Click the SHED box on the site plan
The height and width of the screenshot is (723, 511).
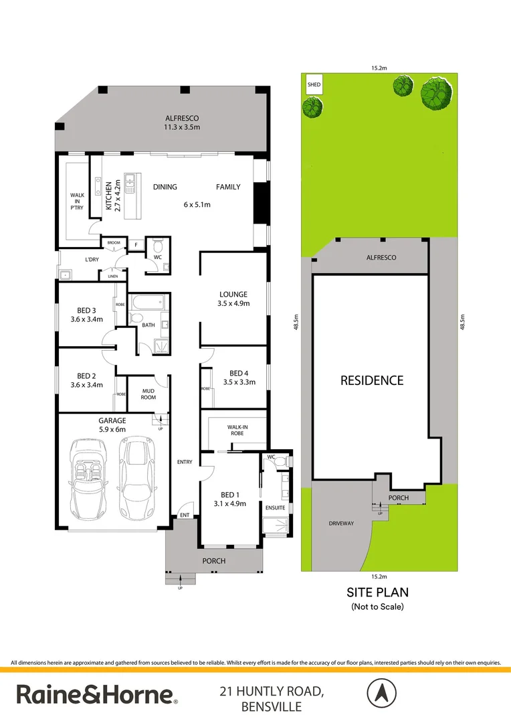point(314,85)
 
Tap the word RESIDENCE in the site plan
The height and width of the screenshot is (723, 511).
point(372,380)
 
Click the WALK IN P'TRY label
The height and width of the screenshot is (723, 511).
point(78,200)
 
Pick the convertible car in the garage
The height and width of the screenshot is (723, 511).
point(90,478)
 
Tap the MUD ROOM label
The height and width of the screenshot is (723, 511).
point(148,393)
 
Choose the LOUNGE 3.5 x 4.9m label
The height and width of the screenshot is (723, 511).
point(233,299)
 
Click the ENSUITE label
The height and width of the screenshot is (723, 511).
point(276,507)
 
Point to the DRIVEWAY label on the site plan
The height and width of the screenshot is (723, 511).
point(340,523)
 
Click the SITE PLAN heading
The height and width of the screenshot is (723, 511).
point(377,592)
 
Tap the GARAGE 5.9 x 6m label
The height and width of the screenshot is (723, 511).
point(113,424)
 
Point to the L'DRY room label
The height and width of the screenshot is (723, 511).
point(74,259)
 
